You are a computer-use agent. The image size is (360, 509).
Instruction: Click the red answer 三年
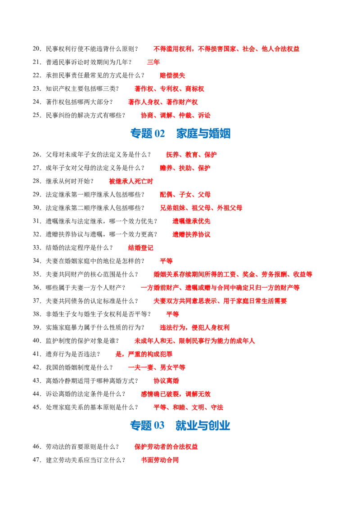pos(153,62)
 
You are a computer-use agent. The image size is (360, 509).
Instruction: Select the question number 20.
pos(37,49)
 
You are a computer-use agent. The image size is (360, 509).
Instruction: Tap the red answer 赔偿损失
pos(172,75)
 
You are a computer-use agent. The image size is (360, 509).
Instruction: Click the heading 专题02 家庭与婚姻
pos(180,134)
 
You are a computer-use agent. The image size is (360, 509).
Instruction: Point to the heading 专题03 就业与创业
pos(180,425)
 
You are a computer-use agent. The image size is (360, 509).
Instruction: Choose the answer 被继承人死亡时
pos(131,181)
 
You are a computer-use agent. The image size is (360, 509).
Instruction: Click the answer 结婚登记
pos(141,248)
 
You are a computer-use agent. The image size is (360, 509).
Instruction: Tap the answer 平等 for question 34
pos(166,261)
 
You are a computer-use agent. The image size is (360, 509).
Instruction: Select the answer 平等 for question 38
pos(172,314)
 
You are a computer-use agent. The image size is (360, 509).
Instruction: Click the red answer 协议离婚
pos(166,380)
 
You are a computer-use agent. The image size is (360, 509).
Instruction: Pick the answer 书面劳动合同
pos(160,460)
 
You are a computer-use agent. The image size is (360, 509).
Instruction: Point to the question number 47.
pos(37,460)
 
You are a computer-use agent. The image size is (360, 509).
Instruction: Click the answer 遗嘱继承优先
pos(191,221)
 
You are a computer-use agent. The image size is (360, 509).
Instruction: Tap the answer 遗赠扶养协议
pos(191,234)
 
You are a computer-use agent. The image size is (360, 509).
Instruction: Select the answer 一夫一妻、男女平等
pos(157,367)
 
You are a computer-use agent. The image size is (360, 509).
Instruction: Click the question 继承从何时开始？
pos(70,181)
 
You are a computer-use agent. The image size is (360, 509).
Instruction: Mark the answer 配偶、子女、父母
pos(185,194)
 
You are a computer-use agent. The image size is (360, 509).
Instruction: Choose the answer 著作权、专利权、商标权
pos(169,89)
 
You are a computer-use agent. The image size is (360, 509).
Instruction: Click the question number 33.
pos(37,248)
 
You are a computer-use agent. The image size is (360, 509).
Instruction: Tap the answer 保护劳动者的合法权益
pos(166,446)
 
